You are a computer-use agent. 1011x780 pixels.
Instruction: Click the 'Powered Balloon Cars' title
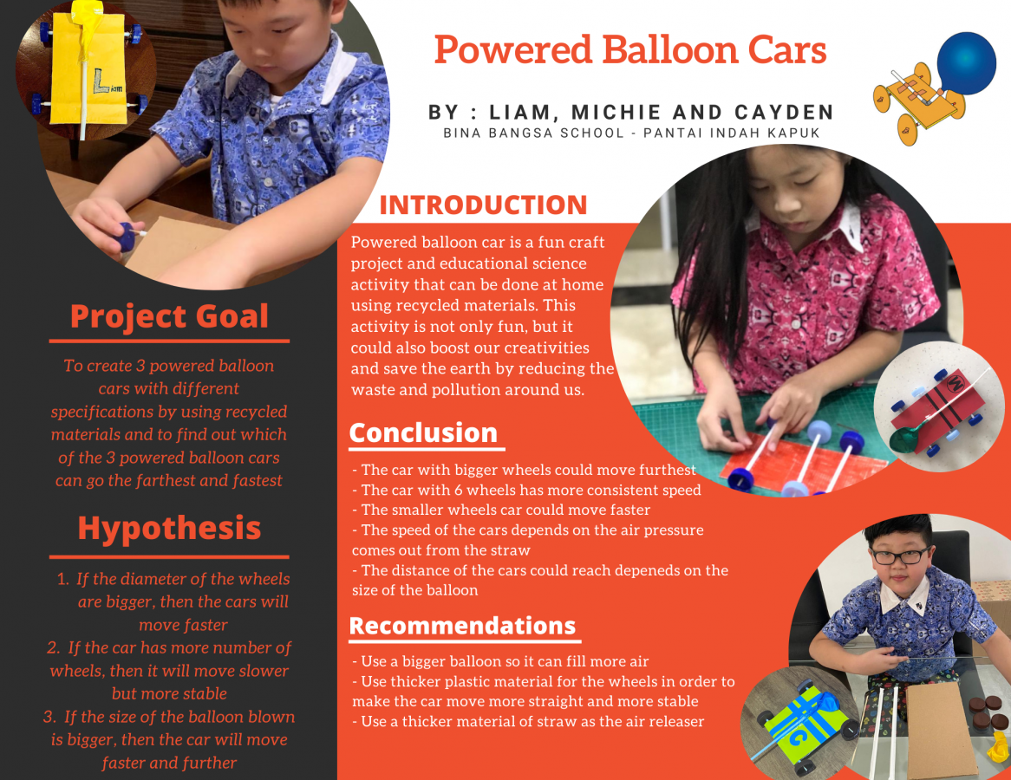click(630, 50)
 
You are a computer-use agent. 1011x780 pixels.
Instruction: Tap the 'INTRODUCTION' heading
click(483, 205)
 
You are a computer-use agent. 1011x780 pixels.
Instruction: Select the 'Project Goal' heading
click(169, 316)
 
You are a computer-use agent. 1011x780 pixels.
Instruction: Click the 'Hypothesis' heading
click(169, 528)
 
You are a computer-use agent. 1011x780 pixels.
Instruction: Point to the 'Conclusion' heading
click(423, 432)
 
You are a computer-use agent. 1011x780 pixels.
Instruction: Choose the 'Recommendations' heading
click(462, 626)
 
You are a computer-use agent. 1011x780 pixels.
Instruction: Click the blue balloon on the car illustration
click(967, 63)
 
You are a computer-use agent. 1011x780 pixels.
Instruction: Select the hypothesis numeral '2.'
click(52, 647)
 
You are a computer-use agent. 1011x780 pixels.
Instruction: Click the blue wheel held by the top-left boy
click(129, 237)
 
